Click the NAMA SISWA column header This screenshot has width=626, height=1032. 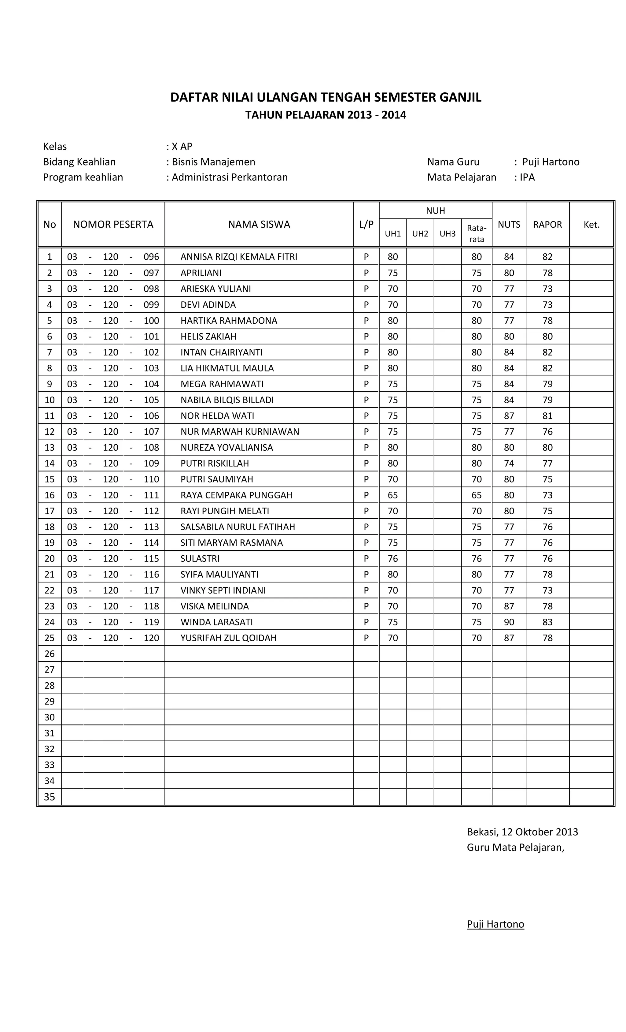(x=259, y=225)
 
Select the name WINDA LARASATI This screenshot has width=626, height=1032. (x=216, y=622)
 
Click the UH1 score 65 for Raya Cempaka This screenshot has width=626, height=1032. (x=392, y=495)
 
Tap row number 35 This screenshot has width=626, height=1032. (x=50, y=797)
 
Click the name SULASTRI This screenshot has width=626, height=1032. (x=200, y=558)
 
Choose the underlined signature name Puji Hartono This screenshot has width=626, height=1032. (x=495, y=924)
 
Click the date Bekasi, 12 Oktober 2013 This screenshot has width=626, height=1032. (x=522, y=832)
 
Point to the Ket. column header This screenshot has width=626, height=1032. (x=591, y=225)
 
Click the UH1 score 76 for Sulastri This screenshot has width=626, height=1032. (x=392, y=558)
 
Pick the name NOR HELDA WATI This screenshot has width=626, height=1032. (x=217, y=415)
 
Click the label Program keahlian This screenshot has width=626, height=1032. (x=83, y=177)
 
